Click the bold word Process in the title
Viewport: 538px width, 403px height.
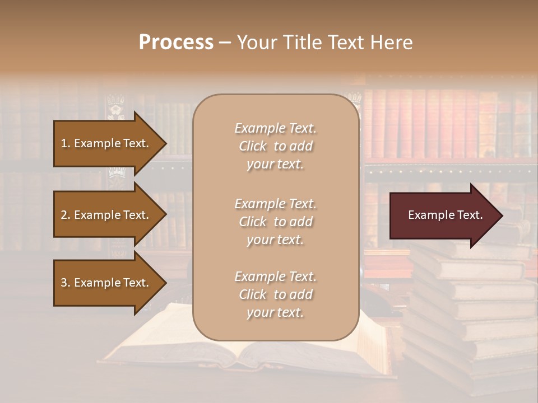click(176, 43)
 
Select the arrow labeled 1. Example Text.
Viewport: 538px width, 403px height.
click(106, 143)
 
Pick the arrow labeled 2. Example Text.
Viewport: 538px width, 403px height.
click(106, 215)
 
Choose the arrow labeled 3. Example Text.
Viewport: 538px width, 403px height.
click(106, 283)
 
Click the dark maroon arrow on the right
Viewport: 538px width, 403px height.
click(443, 215)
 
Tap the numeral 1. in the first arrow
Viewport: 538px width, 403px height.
click(65, 143)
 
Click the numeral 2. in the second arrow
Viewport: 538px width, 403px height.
click(65, 215)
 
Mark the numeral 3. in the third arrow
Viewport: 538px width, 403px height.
click(65, 283)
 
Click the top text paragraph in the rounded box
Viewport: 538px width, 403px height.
click(275, 146)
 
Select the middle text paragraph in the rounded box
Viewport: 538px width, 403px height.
click(275, 222)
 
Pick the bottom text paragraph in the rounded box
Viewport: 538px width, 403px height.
click(275, 294)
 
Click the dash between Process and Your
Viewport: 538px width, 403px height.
click(225, 43)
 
